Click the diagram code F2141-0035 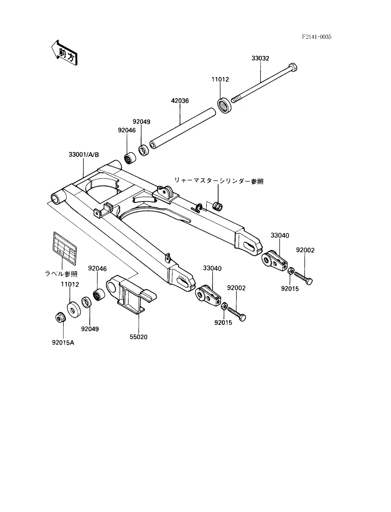(x=316, y=37)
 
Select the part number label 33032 (x=260, y=58)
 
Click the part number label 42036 (x=180, y=101)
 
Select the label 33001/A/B (x=83, y=155)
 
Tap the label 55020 (x=138, y=337)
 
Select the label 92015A (x=63, y=343)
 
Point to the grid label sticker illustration (x=65, y=248)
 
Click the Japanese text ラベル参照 (x=61, y=274)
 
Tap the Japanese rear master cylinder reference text (x=219, y=181)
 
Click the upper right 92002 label (x=305, y=250)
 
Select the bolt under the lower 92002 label (x=237, y=313)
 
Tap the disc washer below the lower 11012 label (x=73, y=309)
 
